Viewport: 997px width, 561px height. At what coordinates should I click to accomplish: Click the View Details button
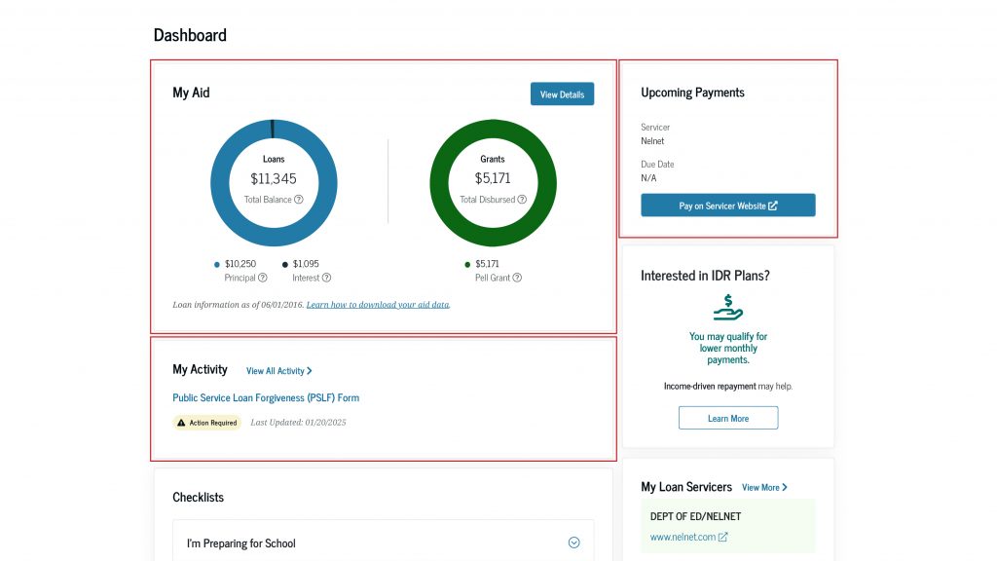pyautogui.click(x=562, y=94)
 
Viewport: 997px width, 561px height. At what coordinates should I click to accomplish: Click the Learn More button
pyautogui.click(x=727, y=418)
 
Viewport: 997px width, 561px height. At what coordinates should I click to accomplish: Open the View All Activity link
pyautogui.click(x=278, y=371)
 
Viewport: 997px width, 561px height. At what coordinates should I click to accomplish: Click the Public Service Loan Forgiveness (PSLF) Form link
pyautogui.click(x=266, y=397)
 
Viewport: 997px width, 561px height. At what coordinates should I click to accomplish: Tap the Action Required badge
pyautogui.click(x=206, y=423)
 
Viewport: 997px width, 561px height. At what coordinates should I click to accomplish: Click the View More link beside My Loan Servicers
pyautogui.click(x=764, y=487)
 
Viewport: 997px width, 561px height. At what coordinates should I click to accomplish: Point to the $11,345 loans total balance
pyautogui.click(x=274, y=178)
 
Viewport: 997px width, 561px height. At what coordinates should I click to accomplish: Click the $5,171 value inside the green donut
pyautogui.click(x=493, y=178)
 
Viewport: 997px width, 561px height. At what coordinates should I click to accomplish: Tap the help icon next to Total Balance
pyautogui.click(x=299, y=200)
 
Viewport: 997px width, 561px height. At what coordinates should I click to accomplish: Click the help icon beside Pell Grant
pyautogui.click(x=517, y=278)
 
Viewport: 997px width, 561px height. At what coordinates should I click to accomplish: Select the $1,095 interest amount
pyautogui.click(x=306, y=264)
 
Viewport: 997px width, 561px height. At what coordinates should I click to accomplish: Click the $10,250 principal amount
pyautogui.click(x=240, y=264)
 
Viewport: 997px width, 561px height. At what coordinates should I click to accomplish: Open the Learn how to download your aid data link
pyautogui.click(x=378, y=305)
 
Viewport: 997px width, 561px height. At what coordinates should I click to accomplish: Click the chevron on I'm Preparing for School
pyautogui.click(x=573, y=542)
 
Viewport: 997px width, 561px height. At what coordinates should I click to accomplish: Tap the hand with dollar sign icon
pyautogui.click(x=727, y=308)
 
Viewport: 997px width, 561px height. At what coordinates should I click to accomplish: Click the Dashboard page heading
pyautogui.click(x=190, y=35)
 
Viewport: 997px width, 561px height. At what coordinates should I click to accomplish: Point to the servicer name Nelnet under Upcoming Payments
pyautogui.click(x=652, y=141)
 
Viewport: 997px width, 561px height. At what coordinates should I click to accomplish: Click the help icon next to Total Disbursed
pyautogui.click(x=522, y=200)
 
